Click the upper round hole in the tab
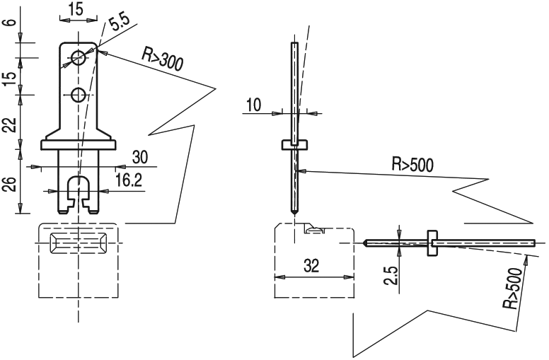(x=79, y=57)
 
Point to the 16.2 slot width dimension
(x=128, y=181)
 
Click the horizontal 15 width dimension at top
(x=76, y=11)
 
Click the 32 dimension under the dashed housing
(x=311, y=266)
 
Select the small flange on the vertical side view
(x=294, y=145)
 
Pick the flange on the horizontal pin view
(x=431, y=243)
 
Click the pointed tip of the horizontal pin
(x=365, y=243)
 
